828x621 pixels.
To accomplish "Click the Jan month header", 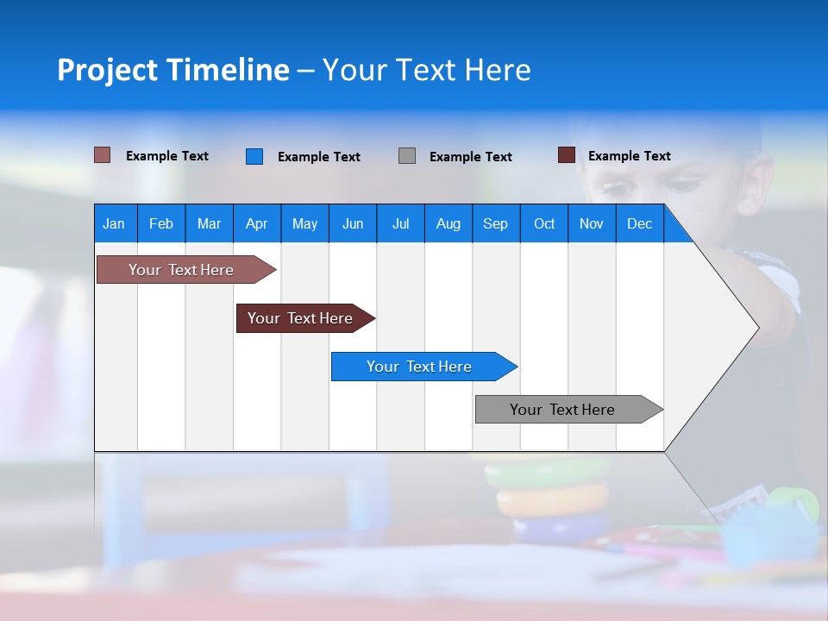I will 114,223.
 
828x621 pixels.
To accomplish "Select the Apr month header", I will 256,223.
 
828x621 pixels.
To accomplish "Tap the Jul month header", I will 400,223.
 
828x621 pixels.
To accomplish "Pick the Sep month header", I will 495,223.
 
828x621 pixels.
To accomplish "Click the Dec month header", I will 639,223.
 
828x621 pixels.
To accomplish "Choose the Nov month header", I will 591,223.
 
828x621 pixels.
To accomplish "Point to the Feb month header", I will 161,223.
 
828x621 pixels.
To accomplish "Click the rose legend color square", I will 102,155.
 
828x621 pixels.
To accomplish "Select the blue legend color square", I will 254,156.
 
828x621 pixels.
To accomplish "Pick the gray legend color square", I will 407,156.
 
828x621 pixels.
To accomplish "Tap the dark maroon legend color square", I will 566,155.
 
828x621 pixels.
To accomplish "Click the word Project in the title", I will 107,70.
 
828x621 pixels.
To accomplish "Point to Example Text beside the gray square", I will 470,157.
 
